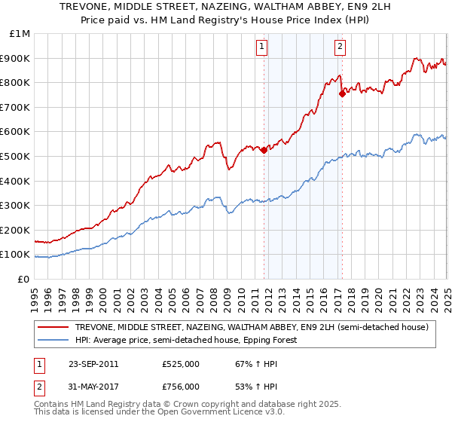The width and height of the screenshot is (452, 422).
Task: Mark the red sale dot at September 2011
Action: pyautogui.click(x=264, y=150)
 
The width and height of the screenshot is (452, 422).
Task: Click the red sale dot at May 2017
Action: pyautogui.click(x=342, y=93)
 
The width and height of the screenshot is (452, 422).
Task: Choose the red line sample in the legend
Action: pyautogui.click(x=53, y=327)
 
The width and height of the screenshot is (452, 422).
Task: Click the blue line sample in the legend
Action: pyautogui.click(x=53, y=340)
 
